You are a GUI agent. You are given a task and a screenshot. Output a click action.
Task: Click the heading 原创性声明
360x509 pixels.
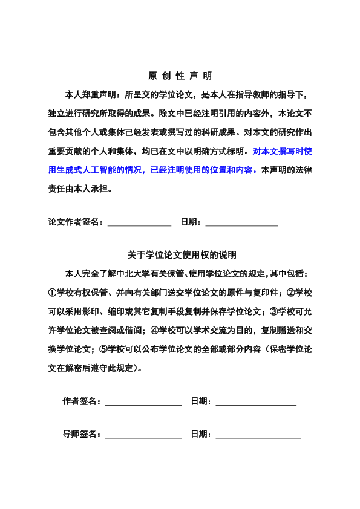tap(180, 76)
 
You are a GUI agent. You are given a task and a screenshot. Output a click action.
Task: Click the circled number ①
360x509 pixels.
tap(53, 293)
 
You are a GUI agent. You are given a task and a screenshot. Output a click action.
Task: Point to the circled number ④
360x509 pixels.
tap(154, 330)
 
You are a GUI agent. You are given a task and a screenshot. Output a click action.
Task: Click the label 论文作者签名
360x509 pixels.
tap(74, 222)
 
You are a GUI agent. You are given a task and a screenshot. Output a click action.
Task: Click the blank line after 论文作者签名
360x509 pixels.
tap(139, 223)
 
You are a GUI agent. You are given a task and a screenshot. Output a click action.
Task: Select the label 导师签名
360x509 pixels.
tap(82, 434)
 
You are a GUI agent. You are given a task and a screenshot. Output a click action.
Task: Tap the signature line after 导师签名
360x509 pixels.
tap(144, 435)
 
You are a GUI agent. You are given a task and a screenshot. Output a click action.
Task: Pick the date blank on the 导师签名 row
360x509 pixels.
tap(258, 435)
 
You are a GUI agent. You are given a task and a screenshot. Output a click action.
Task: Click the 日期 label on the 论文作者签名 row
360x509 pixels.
tap(191, 222)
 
